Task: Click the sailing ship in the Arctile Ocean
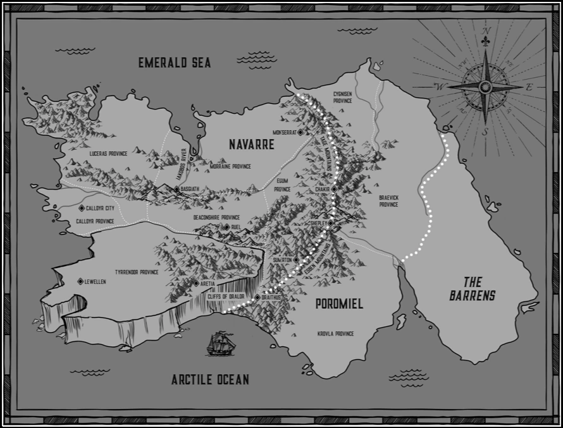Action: [x=220, y=344]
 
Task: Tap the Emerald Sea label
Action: [x=175, y=62]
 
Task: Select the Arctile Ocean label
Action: [x=210, y=380]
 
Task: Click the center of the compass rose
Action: [x=485, y=87]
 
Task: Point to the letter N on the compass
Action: [x=486, y=32]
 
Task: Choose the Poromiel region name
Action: [x=339, y=305]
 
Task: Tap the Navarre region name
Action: [x=251, y=145]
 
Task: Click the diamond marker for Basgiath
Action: [x=176, y=189]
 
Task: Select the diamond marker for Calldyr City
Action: [x=82, y=208]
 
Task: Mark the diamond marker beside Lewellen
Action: [x=80, y=281]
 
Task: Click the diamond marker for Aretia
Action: [x=198, y=283]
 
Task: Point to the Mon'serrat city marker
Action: [x=300, y=131]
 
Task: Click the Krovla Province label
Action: [x=335, y=333]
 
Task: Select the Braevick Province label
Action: [x=388, y=200]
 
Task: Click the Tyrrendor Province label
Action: [x=136, y=272]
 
